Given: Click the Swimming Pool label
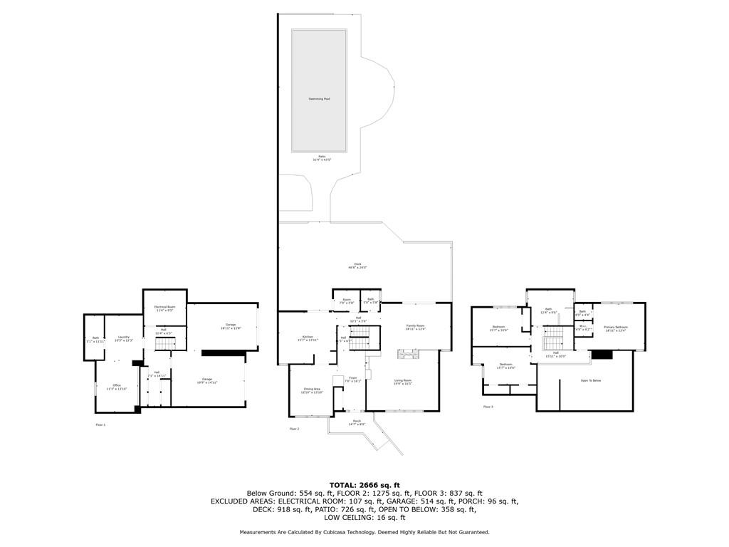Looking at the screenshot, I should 319,98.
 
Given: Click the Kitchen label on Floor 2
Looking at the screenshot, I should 307,338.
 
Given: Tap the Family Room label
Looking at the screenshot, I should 415,326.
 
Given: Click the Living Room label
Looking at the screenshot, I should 403,382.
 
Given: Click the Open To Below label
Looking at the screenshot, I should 591,381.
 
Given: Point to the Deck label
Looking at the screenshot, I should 357,265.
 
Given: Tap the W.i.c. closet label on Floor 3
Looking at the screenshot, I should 582,328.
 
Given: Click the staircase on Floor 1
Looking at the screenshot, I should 165,345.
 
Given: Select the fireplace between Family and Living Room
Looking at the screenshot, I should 408,353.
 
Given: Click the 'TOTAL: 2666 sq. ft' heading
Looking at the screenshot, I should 364,485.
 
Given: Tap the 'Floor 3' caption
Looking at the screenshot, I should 488,407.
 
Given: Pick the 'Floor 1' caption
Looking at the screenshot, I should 100,424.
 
